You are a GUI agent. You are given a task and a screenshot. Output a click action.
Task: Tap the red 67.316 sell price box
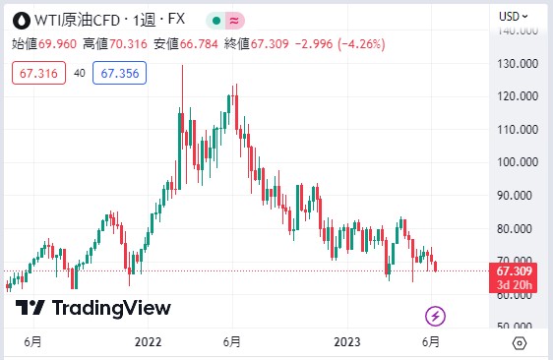[x=35, y=72]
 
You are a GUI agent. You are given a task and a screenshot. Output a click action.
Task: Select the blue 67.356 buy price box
[x=119, y=72]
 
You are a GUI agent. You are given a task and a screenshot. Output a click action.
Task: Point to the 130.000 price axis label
[x=517, y=63]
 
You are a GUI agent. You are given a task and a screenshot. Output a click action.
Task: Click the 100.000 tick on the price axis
[x=517, y=162]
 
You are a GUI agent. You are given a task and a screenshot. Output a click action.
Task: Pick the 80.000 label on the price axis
[x=517, y=228]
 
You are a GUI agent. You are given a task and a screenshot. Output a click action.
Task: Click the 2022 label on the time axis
[x=148, y=342]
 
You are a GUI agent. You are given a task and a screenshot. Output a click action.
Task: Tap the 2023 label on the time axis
[x=346, y=342]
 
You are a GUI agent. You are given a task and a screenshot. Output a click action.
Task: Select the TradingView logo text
[x=110, y=308]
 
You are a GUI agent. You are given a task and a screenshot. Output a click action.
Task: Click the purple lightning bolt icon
[x=436, y=316]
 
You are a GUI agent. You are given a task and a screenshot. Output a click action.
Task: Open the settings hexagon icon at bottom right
[x=519, y=342]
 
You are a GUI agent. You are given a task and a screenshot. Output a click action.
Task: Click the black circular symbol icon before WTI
[x=18, y=19]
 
